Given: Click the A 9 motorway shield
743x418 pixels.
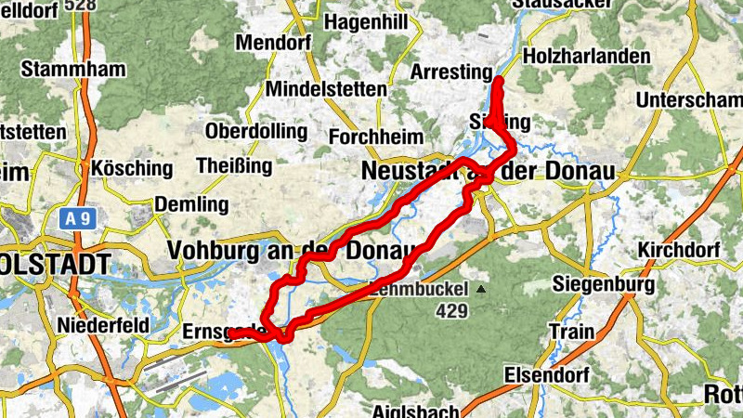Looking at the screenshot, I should pyautogui.click(x=78, y=219).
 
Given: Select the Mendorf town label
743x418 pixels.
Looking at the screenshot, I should pyautogui.click(x=272, y=43).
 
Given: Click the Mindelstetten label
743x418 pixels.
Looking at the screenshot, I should pyautogui.click(x=325, y=89).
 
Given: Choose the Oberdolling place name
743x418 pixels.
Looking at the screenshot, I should pyautogui.click(x=250, y=131).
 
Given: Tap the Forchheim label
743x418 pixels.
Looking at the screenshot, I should pyautogui.click(x=368, y=137).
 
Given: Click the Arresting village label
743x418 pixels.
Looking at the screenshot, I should pyautogui.click(x=450, y=72).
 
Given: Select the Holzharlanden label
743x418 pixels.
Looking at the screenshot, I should pyautogui.click(x=587, y=57).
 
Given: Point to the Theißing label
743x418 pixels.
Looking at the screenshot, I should pyautogui.click(x=234, y=166).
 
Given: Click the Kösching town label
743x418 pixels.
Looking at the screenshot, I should pyautogui.click(x=131, y=169).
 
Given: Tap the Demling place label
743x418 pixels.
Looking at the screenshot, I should pyautogui.click(x=191, y=203).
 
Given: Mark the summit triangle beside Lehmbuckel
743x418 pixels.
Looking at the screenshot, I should pyautogui.click(x=481, y=290).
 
